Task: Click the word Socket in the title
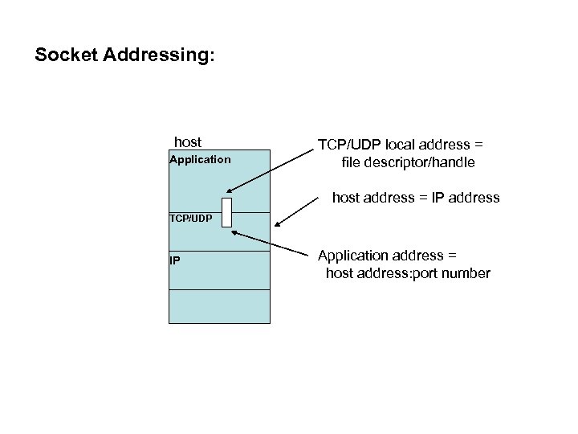[x=63, y=56]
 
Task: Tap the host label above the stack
[x=188, y=142]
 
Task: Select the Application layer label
[x=200, y=159]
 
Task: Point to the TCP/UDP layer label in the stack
[x=191, y=218]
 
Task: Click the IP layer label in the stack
[x=174, y=260]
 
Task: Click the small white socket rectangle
[x=226, y=212]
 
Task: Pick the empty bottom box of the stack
[x=219, y=306]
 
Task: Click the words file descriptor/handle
[x=408, y=162]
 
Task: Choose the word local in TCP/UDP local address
[x=401, y=145]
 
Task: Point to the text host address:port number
[x=408, y=273]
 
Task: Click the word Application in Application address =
[x=352, y=256]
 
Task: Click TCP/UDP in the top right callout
[x=350, y=145]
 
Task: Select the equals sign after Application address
[x=452, y=256]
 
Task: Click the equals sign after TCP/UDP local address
[x=478, y=145]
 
